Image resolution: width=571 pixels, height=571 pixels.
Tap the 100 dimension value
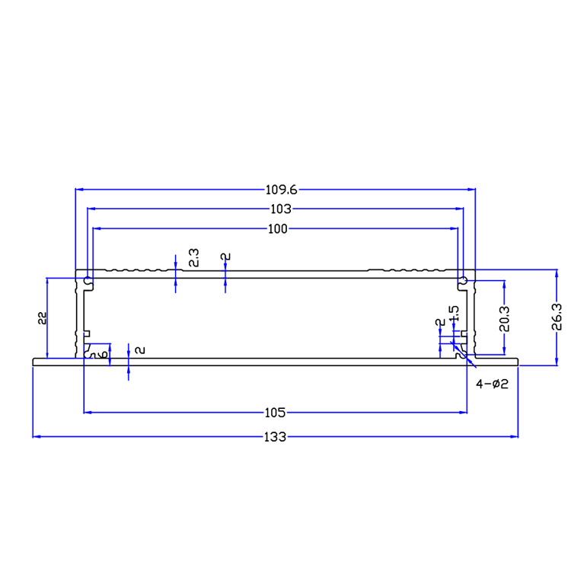(x=277, y=229)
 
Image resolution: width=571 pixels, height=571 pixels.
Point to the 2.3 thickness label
(x=193, y=257)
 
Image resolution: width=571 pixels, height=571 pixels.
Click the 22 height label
(x=43, y=318)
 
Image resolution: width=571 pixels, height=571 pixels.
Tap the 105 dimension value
(x=275, y=413)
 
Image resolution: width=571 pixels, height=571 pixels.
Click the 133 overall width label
(x=275, y=437)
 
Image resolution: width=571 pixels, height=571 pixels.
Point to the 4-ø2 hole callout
(x=492, y=384)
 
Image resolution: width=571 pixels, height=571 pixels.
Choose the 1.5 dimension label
(x=454, y=314)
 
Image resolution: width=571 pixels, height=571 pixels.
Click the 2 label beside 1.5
(x=439, y=323)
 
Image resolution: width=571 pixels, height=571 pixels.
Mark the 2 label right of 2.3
(x=225, y=257)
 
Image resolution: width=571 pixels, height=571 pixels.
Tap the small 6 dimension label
(x=104, y=354)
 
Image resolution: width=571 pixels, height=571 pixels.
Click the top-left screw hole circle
(x=88, y=280)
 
